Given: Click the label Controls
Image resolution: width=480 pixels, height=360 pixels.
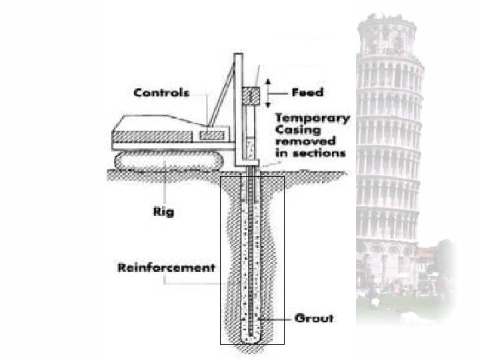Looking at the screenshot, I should tap(162, 93).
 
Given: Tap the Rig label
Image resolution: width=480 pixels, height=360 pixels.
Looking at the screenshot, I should tap(163, 212).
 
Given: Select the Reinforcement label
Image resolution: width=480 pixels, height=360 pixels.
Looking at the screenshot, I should tap(166, 268).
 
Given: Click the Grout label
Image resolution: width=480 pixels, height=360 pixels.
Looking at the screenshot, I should tap(314, 319).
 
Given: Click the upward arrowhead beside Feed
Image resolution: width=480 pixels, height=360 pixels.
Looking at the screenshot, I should tap(268, 81).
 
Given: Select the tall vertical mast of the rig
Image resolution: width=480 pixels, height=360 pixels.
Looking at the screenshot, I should tap(238, 107).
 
